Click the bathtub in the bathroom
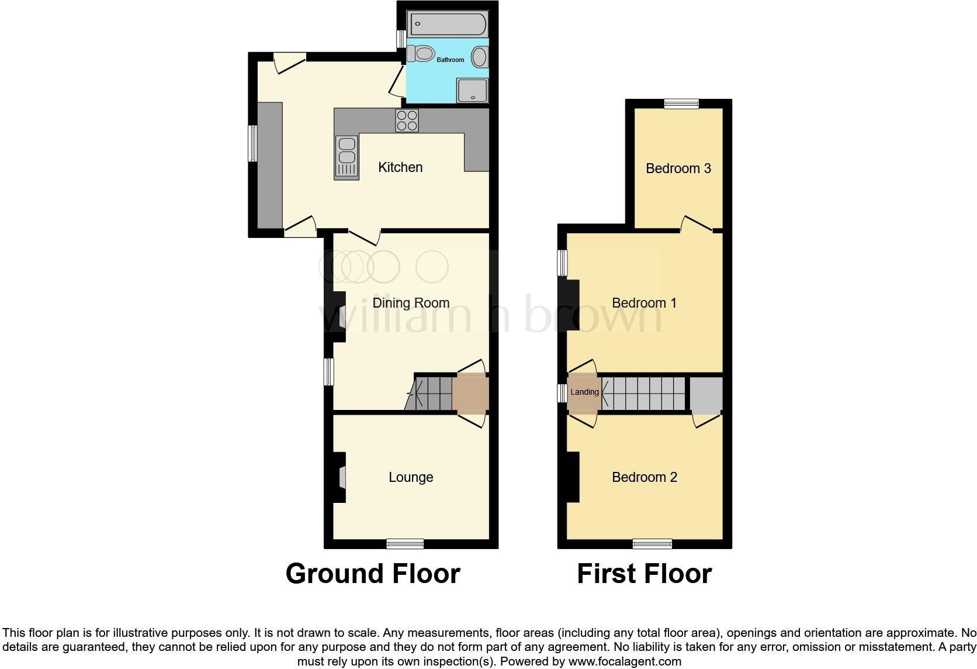(x=448, y=24)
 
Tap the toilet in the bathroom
(x=421, y=54)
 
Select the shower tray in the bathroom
(x=472, y=91)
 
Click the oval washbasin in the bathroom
(x=479, y=57)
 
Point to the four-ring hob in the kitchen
(x=407, y=120)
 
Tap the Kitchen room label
(x=400, y=167)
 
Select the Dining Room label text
(x=411, y=303)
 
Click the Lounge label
(x=411, y=477)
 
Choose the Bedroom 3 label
(x=678, y=168)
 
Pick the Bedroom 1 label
(x=644, y=303)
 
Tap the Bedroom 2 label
(x=644, y=477)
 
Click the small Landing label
(x=584, y=392)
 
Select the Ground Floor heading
(x=373, y=574)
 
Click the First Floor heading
(x=644, y=574)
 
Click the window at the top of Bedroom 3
(x=681, y=104)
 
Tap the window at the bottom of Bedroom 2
(x=652, y=544)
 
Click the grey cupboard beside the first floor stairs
(x=706, y=394)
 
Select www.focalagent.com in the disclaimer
(x=624, y=662)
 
